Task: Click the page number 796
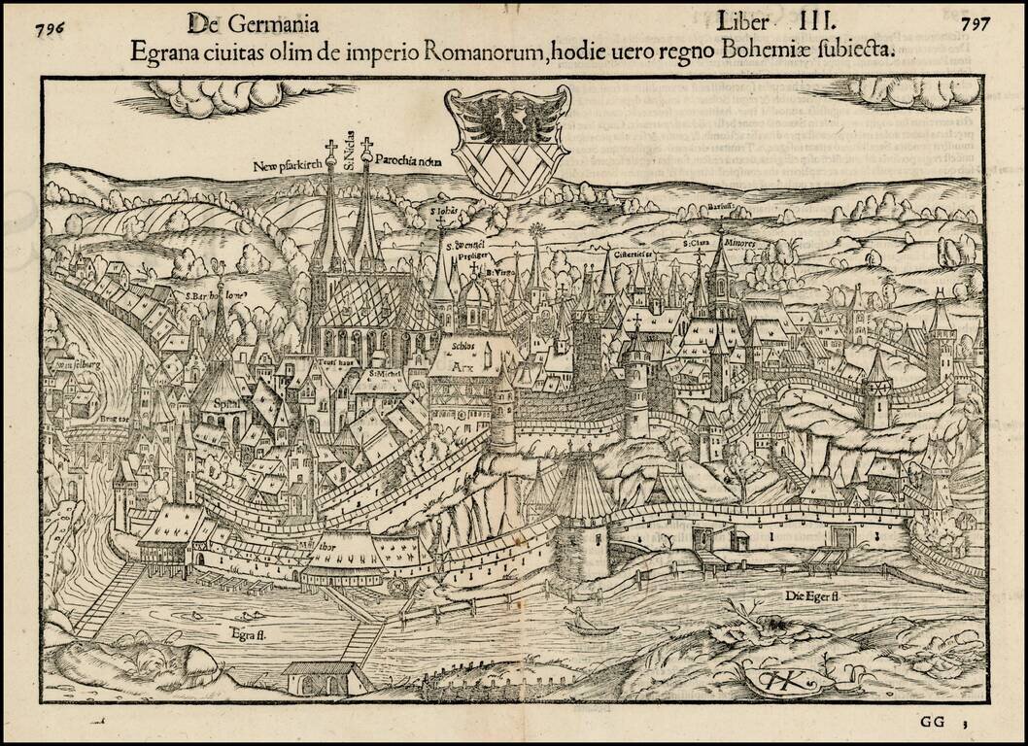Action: click(x=49, y=26)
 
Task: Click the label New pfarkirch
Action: click(x=287, y=166)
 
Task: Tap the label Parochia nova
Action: click(x=408, y=163)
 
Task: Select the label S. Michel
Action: click(x=388, y=372)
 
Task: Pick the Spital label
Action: click(x=226, y=399)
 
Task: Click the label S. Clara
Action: click(x=698, y=244)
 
